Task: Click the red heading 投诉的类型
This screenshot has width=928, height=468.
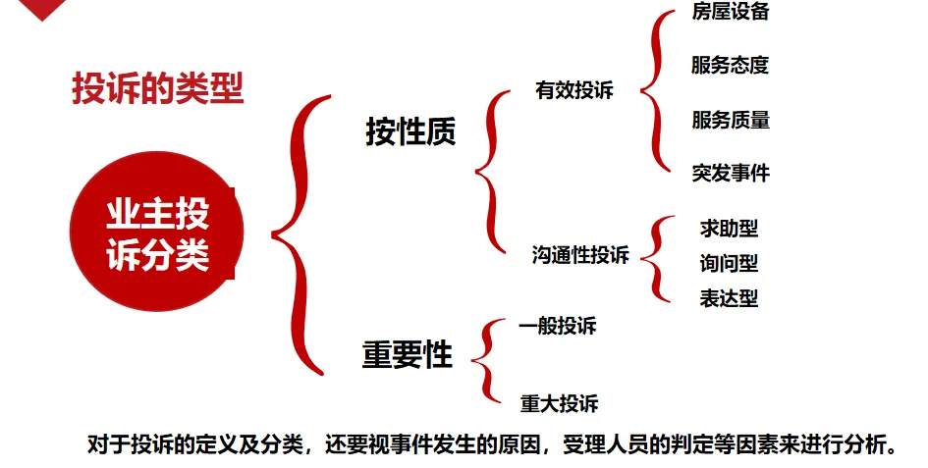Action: click(x=157, y=89)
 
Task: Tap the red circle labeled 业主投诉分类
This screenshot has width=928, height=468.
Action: click(x=157, y=234)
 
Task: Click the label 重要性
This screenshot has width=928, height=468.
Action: click(x=407, y=354)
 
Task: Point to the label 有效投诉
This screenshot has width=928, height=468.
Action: click(x=574, y=91)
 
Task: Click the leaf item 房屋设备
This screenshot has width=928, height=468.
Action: click(x=730, y=12)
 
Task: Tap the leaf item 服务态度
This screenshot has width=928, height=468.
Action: click(x=730, y=66)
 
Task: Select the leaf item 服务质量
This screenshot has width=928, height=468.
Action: click(x=730, y=120)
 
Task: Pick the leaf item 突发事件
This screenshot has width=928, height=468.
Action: click(x=730, y=174)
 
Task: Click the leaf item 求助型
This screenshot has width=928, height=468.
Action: click(x=729, y=229)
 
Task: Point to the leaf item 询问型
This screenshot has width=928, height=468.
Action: click(x=729, y=263)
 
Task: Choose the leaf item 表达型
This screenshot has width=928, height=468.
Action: click(x=729, y=298)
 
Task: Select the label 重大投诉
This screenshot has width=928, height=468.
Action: click(x=559, y=403)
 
